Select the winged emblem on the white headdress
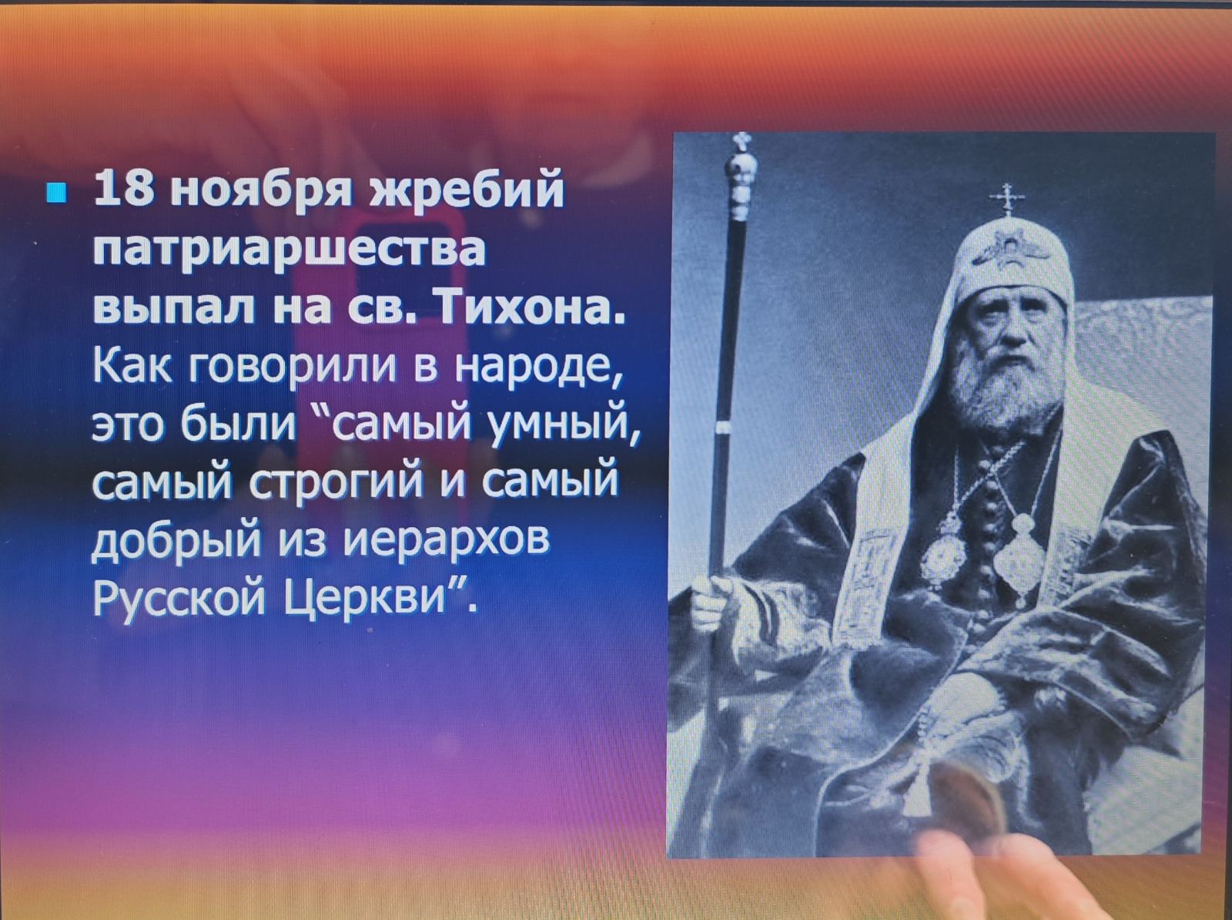(x=1010, y=250)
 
